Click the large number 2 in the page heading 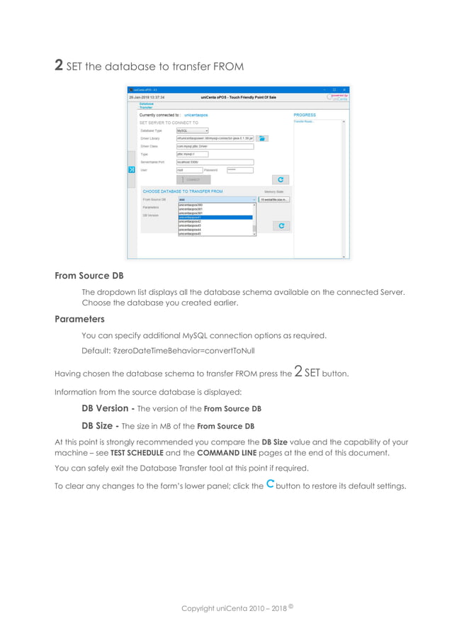click(60, 66)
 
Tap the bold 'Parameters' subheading click(79, 319)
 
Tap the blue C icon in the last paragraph click(270, 485)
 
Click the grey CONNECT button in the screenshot click(193, 180)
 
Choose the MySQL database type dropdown click(192, 130)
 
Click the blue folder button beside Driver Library click(261, 139)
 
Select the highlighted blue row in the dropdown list click(215, 217)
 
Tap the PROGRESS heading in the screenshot click(305, 115)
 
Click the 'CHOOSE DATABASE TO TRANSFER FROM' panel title click(183, 191)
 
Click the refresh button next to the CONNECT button click(281, 180)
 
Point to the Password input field click(239, 170)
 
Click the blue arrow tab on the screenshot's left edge click(131, 170)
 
